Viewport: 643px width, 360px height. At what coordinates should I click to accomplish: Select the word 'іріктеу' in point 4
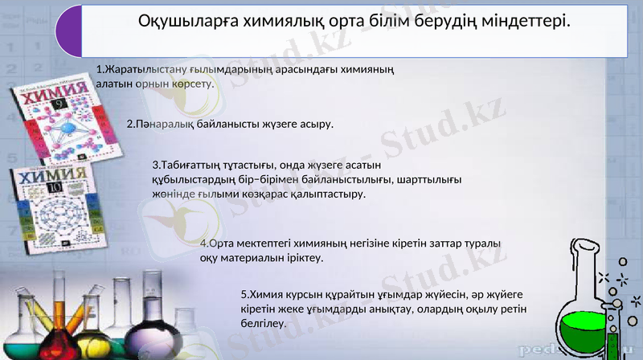point(305,258)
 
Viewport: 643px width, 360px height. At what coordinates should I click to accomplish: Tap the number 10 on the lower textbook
point(53,188)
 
